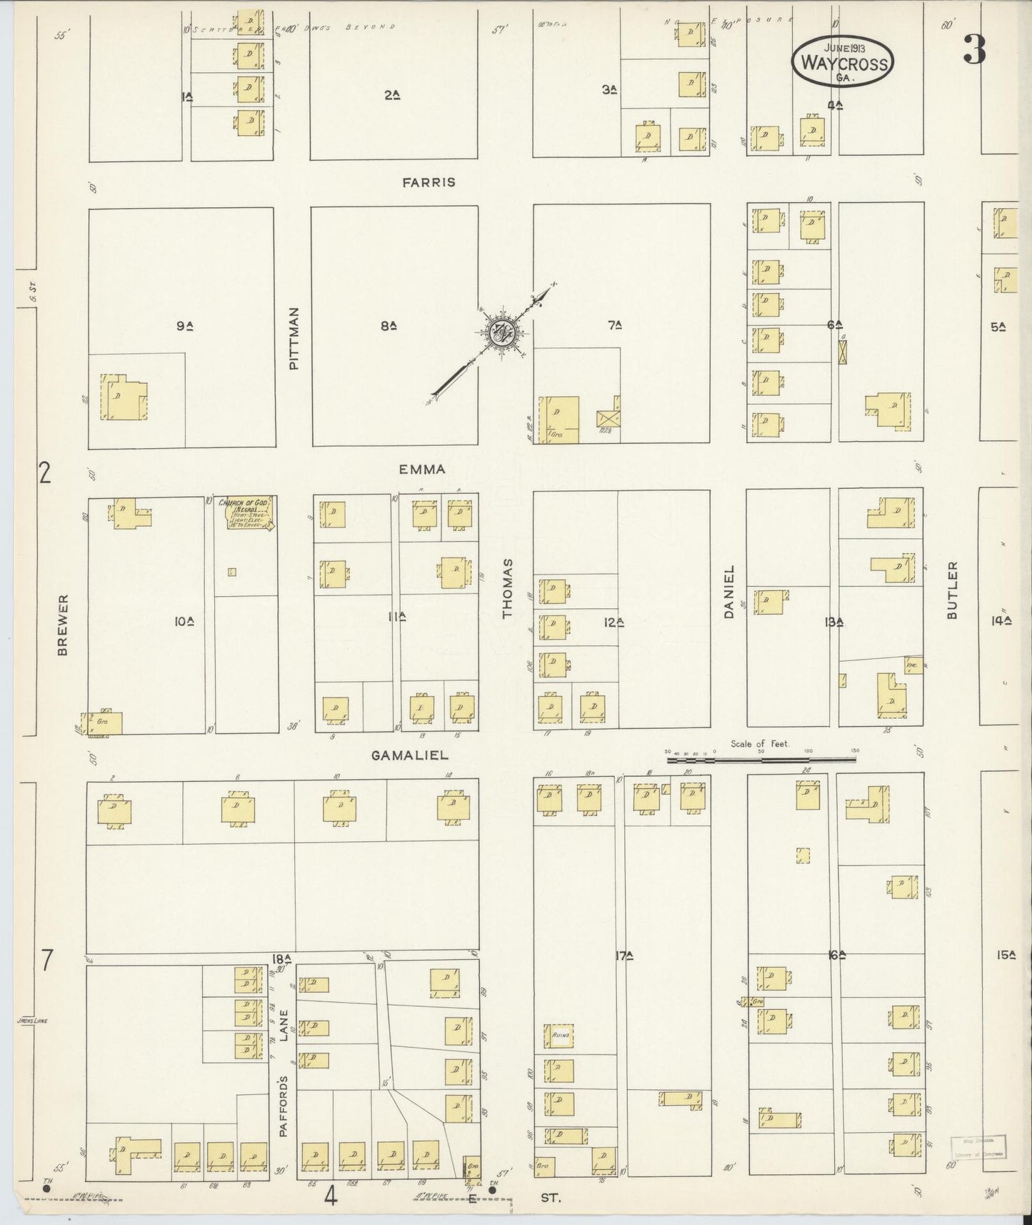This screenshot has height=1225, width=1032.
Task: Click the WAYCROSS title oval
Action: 843,63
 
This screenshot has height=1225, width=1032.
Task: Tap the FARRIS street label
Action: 428,182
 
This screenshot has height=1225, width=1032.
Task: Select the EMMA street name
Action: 422,470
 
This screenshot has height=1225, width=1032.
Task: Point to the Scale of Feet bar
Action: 761,760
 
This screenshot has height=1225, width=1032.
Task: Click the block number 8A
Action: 389,326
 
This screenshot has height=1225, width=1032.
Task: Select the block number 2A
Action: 391,94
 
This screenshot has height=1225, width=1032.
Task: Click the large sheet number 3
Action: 974,49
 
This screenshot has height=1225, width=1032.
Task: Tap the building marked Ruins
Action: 559,1036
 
